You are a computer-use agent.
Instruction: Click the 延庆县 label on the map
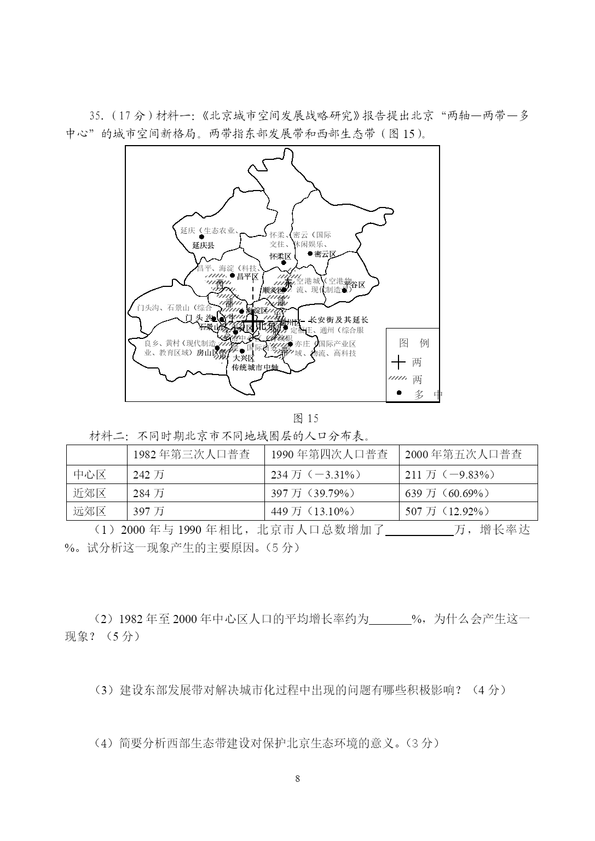click(x=203, y=246)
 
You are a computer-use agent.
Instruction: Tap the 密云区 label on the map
click(x=325, y=254)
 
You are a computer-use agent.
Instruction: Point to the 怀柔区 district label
click(x=280, y=256)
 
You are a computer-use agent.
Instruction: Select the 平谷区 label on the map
click(x=355, y=285)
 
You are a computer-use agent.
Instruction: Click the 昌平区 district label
click(x=247, y=277)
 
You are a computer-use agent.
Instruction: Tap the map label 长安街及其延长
click(x=339, y=320)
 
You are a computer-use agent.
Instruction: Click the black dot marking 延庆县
click(x=201, y=237)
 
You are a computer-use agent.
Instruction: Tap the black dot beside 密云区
click(x=310, y=254)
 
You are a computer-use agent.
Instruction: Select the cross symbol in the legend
click(x=398, y=362)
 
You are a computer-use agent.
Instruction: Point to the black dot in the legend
click(x=399, y=393)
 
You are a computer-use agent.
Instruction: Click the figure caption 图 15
click(x=305, y=418)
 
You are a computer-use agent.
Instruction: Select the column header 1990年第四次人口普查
click(x=330, y=454)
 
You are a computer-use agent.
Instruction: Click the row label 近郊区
click(x=90, y=493)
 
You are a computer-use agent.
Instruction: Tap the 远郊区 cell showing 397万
click(x=148, y=511)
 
